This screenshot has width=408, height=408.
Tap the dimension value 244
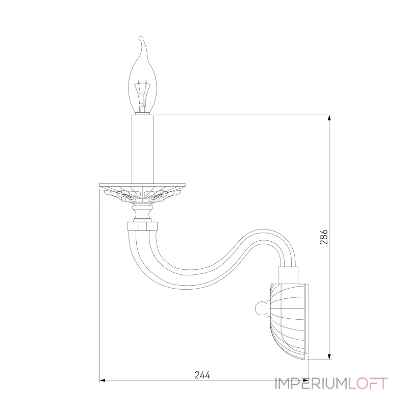[202, 374]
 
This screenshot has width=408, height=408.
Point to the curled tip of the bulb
[141, 39]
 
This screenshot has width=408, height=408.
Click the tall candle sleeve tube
[143, 148]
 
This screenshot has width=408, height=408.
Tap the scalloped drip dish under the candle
[142, 190]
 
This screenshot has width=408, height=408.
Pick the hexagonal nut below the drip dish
[142, 225]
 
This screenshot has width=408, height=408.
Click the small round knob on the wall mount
[261, 308]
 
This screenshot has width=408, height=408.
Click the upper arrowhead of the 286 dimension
[330, 118]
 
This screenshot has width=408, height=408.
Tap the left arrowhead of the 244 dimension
[103, 380]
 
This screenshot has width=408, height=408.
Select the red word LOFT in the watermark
[368, 383]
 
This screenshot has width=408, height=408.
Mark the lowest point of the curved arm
[184, 278]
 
